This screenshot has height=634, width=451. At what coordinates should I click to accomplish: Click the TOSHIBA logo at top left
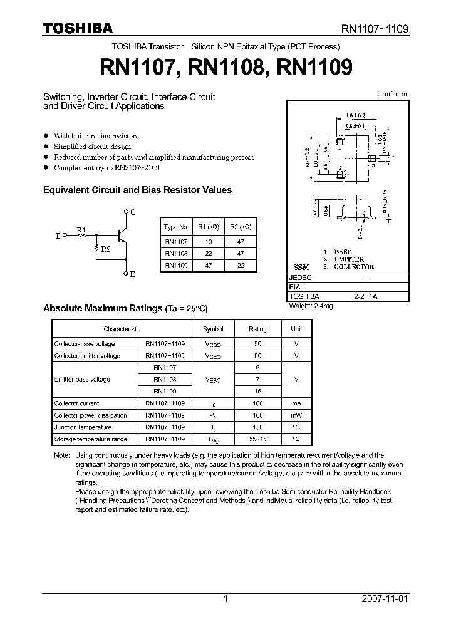tap(78, 28)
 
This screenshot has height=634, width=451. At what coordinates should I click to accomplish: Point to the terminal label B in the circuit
tap(58, 236)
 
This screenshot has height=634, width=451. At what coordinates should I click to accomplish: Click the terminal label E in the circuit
tap(132, 274)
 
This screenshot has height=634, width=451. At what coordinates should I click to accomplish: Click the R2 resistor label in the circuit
tap(105, 249)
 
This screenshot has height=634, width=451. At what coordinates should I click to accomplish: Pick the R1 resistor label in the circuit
tap(81, 230)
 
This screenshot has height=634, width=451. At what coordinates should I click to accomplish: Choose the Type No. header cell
tap(176, 227)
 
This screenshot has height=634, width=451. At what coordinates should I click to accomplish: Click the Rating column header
tap(257, 329)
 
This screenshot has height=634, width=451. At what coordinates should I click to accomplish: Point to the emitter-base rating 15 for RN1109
tap(257, 391)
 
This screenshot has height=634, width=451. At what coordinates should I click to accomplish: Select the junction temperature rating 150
tap(257, 427)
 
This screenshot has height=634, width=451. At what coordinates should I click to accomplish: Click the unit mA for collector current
tap(296, 403)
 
